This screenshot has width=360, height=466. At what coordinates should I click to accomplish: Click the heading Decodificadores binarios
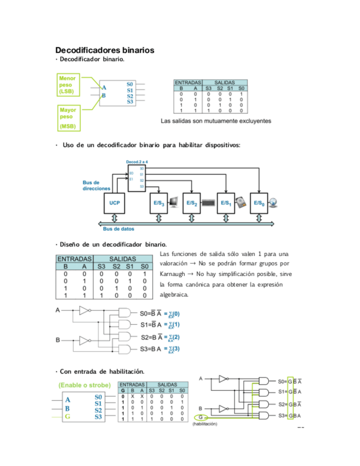[x=104, y=50]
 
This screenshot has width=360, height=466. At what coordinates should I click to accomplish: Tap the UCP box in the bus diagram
[x=114, y=203]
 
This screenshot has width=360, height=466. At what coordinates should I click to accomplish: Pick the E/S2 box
[x=192, y=203]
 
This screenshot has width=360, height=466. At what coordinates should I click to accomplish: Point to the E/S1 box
[x=225, y=203]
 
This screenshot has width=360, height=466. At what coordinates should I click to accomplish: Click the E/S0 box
[x=258, y=203]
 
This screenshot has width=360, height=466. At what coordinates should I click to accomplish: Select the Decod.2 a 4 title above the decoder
[x=137, y=162]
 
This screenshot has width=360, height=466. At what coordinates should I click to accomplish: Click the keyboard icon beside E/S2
[x=211, y=204]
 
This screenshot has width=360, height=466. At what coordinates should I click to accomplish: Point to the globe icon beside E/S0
[x=276, y=203]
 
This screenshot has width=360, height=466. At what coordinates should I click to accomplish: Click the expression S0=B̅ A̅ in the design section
[x=150, y=313]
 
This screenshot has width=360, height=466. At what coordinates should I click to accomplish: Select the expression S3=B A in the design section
[x=151, y=348]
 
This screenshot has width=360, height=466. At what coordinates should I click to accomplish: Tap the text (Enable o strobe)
[x=85, y=385]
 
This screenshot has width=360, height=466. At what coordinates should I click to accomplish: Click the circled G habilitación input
[x=202, y=418]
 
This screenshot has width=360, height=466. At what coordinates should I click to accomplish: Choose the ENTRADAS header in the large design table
[x=75, y=258]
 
